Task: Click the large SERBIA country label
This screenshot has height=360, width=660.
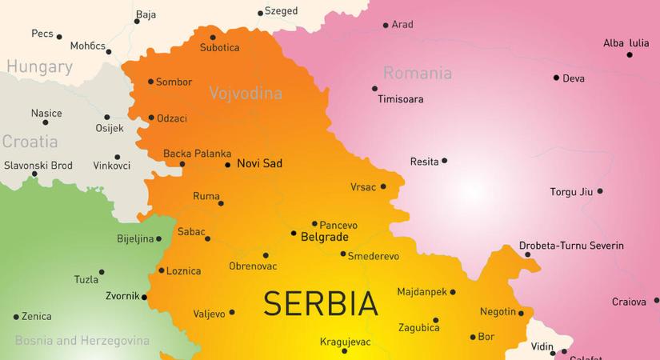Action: [320, 304]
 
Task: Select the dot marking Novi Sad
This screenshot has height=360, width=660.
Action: [228, 165]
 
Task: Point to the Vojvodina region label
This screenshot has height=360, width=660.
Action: [246, 94]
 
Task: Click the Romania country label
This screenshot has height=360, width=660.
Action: [417, 74]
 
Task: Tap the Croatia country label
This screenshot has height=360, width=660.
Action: [30, 142]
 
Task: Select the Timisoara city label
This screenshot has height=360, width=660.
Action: [401, 100]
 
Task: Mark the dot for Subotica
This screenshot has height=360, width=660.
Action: [213, 37]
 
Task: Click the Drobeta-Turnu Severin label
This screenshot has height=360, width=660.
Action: [571, 246]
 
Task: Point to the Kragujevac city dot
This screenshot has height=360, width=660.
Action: [345, 351]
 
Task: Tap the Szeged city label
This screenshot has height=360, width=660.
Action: [281, 11]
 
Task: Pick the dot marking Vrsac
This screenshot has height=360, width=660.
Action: [383, 187]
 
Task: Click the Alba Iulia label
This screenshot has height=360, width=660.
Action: [626, 43]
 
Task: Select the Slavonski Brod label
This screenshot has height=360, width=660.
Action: [38, 166]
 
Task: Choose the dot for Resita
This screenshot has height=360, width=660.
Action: [444, 161]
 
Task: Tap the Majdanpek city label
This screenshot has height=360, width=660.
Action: [422, 293]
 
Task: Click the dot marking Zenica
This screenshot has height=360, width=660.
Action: [15, 317]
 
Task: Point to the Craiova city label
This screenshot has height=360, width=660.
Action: [628, 302]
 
